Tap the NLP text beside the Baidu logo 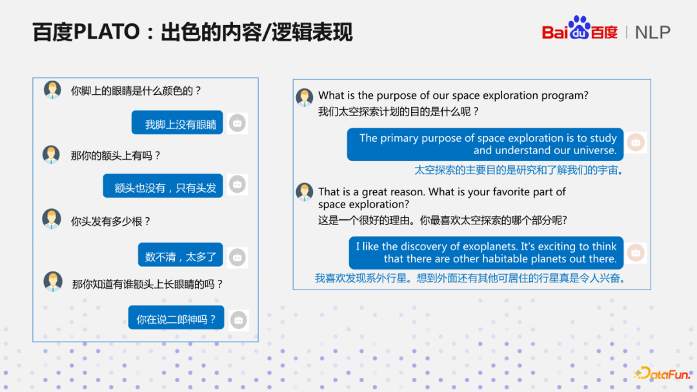652,32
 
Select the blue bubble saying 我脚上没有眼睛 177,123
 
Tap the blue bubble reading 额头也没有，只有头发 163,186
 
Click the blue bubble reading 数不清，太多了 181,256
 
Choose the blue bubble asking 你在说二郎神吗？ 176,318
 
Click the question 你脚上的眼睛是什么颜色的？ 136,91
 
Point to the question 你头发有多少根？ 111,221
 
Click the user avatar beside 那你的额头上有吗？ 52,155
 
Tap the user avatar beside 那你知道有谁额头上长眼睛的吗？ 53,282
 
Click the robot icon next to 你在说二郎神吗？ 239,320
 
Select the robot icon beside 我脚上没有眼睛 237,123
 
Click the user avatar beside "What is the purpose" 305,98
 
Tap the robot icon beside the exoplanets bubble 636,252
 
